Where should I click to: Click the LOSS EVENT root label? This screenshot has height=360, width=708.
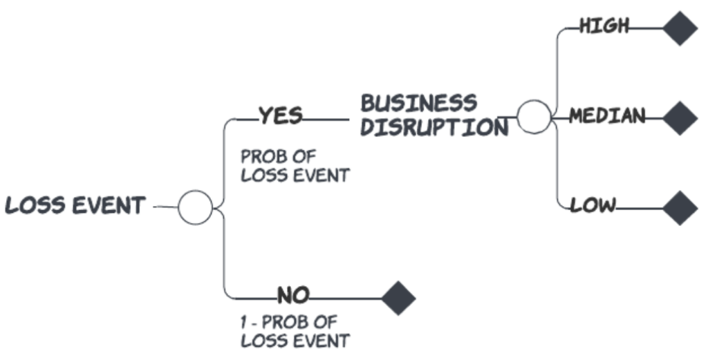coord(75,206)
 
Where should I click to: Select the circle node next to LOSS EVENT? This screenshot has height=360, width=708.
coord(196,207)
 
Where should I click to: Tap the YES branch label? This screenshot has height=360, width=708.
coord(280,116)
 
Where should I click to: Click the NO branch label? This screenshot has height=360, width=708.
coord(294,296)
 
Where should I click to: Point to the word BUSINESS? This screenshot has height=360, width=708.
coord(419,104)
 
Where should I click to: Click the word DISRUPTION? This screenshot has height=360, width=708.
coord(434,128)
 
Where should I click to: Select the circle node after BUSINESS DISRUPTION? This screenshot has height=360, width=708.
coord(534,117)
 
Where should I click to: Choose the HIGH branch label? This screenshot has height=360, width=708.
coord(604,27)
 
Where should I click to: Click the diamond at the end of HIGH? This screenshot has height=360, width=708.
coord(680,28)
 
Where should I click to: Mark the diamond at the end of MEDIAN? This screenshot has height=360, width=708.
coord(680,117)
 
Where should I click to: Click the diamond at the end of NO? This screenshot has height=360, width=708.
coord(398,298)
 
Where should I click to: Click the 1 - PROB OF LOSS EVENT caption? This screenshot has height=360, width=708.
coord(295,331)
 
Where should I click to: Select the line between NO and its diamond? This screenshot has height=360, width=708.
coord(346,299)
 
